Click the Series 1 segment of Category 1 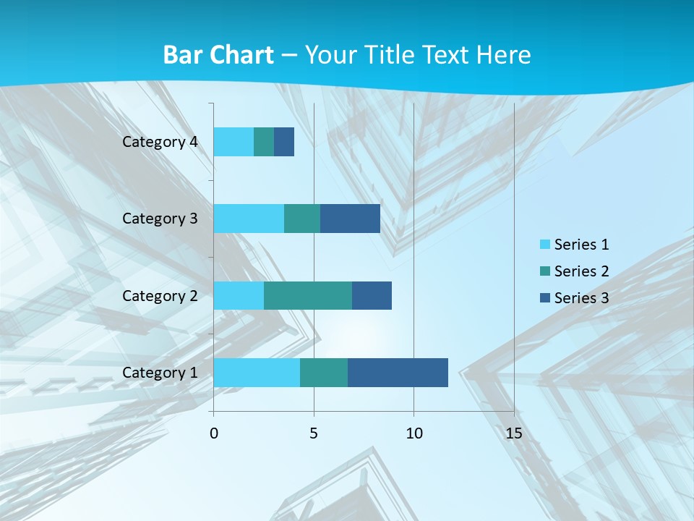257,373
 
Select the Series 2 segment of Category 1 324,373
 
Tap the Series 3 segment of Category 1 398,373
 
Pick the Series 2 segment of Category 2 308,295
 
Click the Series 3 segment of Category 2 372,295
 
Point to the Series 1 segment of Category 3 249,219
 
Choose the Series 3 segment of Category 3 350,219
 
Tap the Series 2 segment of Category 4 264,142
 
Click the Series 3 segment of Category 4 284,142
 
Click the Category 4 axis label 160,142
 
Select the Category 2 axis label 160,295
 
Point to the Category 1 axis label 160,373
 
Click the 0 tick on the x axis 214,433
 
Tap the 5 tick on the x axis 314,433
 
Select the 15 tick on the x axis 513,433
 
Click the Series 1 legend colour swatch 544,245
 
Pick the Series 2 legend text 581,271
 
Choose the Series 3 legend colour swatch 544,298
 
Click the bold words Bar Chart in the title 218,55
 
